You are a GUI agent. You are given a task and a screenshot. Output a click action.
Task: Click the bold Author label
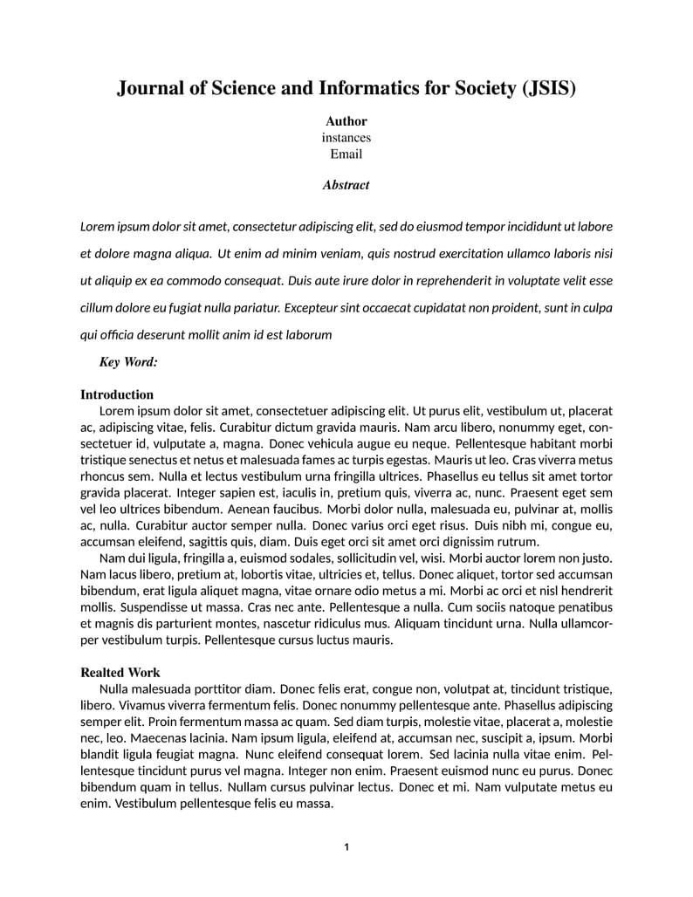pos(346,121)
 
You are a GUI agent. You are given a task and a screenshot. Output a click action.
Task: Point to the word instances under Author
pos(346,138)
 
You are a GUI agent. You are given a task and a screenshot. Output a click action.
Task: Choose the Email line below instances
pos(346,154)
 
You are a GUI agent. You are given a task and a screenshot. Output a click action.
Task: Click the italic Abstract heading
pos(346,185)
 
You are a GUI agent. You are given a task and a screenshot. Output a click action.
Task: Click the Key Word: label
pos(128,362)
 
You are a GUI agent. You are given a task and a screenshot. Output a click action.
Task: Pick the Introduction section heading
pos(117,394)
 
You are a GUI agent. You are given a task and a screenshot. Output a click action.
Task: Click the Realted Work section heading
pos(120,673)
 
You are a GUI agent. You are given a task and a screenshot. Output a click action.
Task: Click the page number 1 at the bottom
pos(346,847)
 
